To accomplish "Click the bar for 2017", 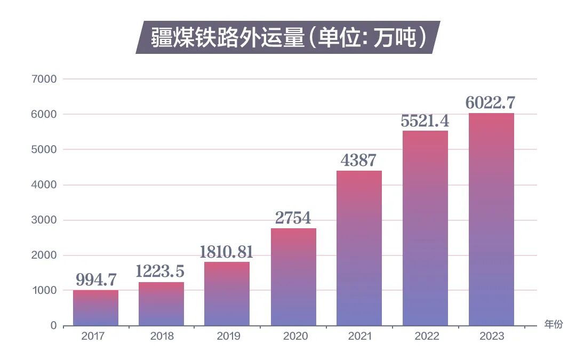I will coord(95,308).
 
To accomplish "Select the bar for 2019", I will coord(227,294).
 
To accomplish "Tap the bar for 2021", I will coord(359,248).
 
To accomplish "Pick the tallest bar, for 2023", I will coord(491,219).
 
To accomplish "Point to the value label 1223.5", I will coord(161,271).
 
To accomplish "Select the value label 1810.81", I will coord(226,252).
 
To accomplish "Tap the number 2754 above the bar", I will coord(293,218).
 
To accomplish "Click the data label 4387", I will coord(359,161).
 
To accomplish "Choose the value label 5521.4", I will coord(425,121).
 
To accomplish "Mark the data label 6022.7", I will coord(491,103).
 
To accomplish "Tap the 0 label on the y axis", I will coord(53,325).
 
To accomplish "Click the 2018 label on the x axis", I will coord(161,337).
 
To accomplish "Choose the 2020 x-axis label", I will coord(293,337).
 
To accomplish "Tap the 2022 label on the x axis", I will coord(425,337).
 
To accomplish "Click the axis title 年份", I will coord(553,324).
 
